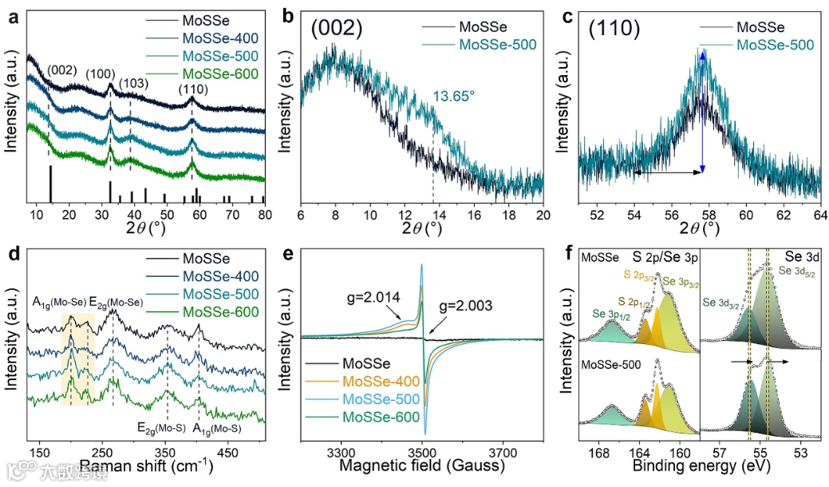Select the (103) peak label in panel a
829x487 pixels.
134,83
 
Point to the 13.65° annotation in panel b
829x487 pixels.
454,96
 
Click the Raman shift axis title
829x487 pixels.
144,465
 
